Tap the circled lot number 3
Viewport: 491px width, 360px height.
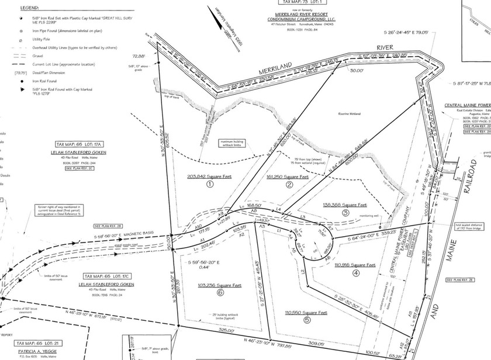(x=345, y=214)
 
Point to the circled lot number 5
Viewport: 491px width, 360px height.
(x=306, y=321)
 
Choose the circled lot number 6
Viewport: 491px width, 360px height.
(x=220, y=293)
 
